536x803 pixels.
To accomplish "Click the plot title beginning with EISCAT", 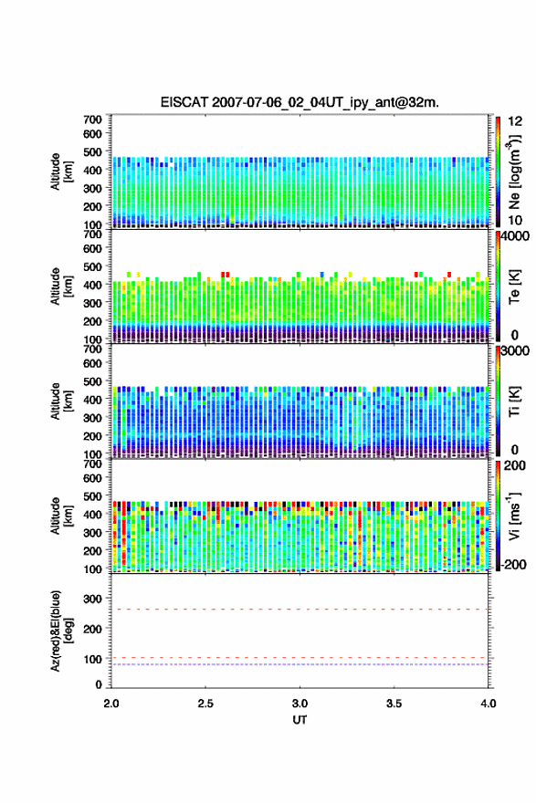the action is pyautogui.click(x=300, y=102).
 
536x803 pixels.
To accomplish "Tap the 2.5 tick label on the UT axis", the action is pyautogui.click(x=205, y=704).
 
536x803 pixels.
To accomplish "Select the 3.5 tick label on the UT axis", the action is pyautogui.click(x=394, y=704).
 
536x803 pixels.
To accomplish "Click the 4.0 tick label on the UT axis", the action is pyautogui.click(x=489, y=704).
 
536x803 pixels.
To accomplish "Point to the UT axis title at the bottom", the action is pyautogui.click(x=300, y=720).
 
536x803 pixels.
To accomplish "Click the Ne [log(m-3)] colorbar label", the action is pyautogui.click(x=514, y=171).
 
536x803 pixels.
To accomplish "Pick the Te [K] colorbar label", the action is pyautogui.click(x=514, y=287).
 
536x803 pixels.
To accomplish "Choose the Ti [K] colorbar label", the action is pyautogui.click(x=514, y=401).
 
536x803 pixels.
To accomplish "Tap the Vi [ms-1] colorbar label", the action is pyautogui.click(x=514, y=516).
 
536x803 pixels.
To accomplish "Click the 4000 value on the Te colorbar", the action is pyautogui.click(x=516, y=237).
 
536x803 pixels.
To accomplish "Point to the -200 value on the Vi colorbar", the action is pyautogui.click(x=513, y=564).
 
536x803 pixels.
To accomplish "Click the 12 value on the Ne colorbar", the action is pyautogui.click(x=515, y=121).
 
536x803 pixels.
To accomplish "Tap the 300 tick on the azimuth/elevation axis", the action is pyautogui.click(x=93, y=599).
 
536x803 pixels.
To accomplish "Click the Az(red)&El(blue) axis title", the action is pyautogui.click(x=61, y=631).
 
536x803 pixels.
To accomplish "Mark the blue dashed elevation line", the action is pyautogui.click(x=300, y=664).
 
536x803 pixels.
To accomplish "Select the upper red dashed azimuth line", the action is pyautogui.click(x=300, y=610).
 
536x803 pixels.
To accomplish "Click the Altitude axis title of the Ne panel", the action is pyautogui.click(x=61, y=172).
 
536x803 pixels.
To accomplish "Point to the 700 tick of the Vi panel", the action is pyautogui.click(x=93, y=464).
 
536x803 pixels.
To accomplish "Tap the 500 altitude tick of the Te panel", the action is pyautogui.click(x=93, y=266).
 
